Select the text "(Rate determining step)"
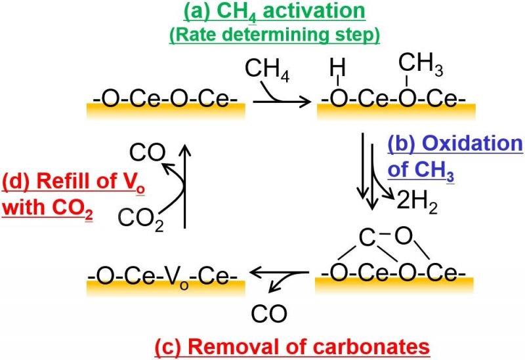point(274,34)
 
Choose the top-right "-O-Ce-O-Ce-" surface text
point(393,101)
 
